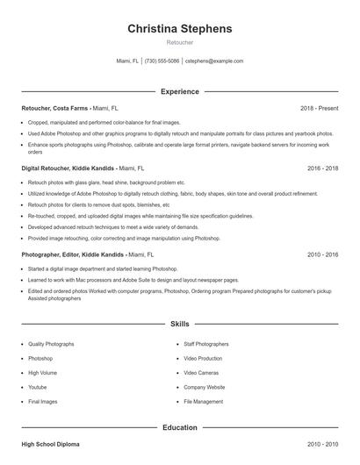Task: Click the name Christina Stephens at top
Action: [x=180, y=29]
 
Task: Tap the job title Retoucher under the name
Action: [x=180, y=42]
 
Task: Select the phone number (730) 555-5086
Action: [x=162, y=61]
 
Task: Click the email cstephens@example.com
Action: [x=214, y=61]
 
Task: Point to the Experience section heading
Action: [x=180, y=91]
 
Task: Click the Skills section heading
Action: [x=180, y=324]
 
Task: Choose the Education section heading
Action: [x=180, y=427]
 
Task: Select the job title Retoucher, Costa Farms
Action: [x=54, y=108]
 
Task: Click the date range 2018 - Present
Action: [x=319, y=108]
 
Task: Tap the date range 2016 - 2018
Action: [x=322, y=167]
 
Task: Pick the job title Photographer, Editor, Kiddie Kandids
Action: [x=73, y=254]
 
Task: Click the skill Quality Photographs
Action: [x=51, y=344]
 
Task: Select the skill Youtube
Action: [x=38, y=387]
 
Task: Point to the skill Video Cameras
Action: [x=201, y=373]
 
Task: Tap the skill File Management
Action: [x=204, y=401]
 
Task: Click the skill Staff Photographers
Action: [x=206, y=344]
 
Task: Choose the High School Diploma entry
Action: [x=52, y=446]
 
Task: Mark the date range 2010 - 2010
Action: [x=322, y=446]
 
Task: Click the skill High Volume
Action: [x=42, y=373]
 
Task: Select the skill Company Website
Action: [x=205, y=387]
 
